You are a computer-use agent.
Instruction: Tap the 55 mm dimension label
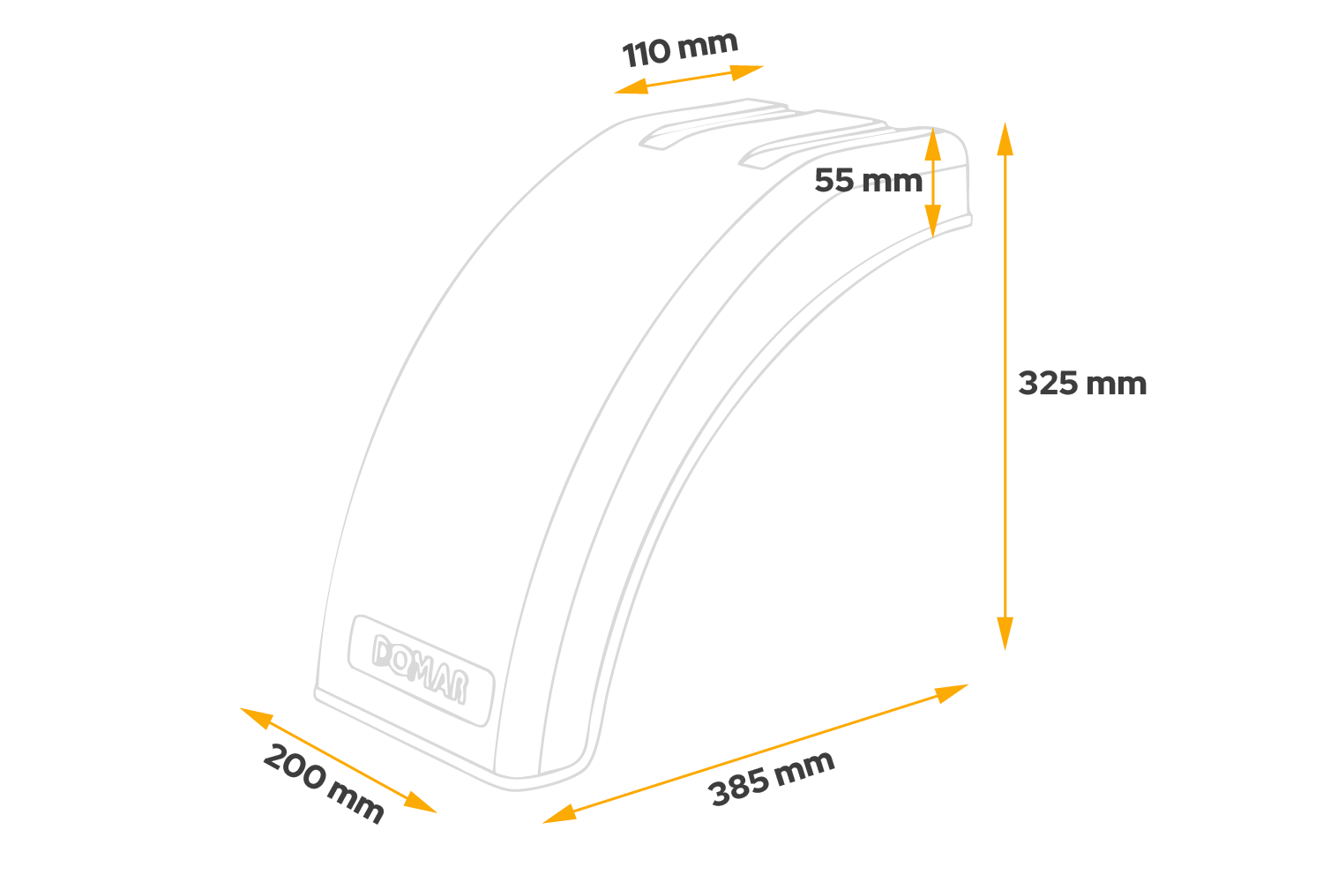(x=867, y=181)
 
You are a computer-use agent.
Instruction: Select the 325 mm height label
(x=1082, y=384)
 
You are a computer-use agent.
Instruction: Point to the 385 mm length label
(x=772, y=778)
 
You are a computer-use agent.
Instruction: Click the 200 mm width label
(x=324, y=783)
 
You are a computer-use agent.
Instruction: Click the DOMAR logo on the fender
(x=420, y=669)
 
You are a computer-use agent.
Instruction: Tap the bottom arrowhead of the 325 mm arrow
(x=1005, y=633)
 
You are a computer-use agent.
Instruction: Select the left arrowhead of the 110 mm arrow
(x=630, y=87)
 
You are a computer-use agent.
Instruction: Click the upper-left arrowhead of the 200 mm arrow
(x=255, y=716)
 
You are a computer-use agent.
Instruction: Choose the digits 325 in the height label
(x=1049, y=384)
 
